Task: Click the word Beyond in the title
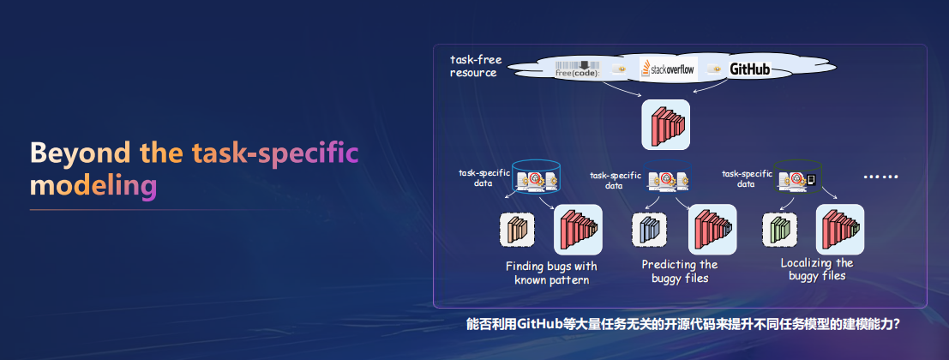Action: coord(80,153)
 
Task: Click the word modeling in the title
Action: coord(93,186)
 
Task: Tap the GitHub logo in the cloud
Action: coord(749,69)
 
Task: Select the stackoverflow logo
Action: coord(668,69)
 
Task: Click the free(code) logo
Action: coord(578,69)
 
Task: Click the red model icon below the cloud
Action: coord(666,124)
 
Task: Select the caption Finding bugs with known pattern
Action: coord(551,273)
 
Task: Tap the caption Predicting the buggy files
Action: coord(680,271)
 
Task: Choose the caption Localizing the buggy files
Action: coord(816,269)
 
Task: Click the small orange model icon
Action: coord(517,230)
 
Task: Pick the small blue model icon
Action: coord(649,230)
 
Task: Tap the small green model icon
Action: coord(779,230)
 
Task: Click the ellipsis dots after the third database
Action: coord(881,177)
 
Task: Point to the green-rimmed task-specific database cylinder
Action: coord(799,177)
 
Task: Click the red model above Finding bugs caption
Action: coord(578,230)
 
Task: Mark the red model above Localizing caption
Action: coord(840,230)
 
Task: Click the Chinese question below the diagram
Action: coord(683,324)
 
